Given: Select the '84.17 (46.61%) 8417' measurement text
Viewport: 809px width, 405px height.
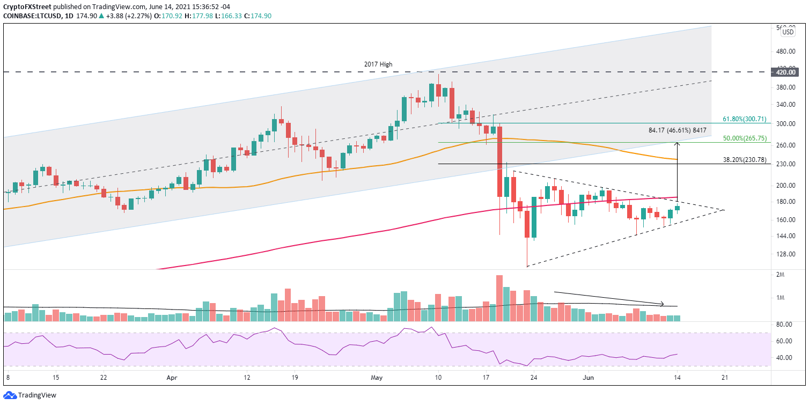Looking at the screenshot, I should tap(678, 130).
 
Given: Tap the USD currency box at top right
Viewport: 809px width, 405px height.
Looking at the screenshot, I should tap(788, 32).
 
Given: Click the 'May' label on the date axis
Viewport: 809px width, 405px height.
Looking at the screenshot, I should tap(376, 378).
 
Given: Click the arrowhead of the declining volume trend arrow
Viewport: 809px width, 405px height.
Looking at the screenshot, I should tap(663, 304).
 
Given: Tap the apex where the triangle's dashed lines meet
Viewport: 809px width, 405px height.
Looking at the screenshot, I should tap(724, 210).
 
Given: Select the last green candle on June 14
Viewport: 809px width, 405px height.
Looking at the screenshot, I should tap(677, 208).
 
